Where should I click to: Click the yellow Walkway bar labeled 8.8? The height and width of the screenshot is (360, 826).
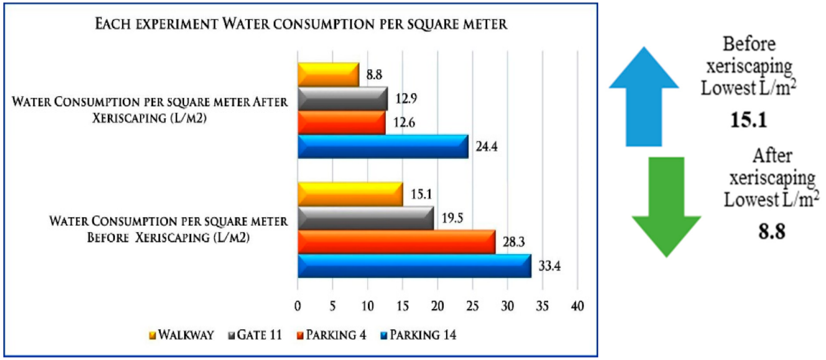click(x=328, y=75)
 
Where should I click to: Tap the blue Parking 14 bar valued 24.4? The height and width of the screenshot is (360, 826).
click(x=383, y=146)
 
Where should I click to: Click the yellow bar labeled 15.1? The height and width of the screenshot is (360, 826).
click(x=350, y=194)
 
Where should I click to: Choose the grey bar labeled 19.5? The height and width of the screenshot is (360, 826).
click(x=365, y=218)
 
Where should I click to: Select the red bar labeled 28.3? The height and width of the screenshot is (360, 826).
click(x=396, y=242)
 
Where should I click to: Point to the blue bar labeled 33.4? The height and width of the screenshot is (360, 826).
click(x=414, y=266)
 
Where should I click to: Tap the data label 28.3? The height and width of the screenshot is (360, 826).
click(x=513, y=242)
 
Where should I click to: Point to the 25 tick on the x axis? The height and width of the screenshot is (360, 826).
click(x=472, y=306)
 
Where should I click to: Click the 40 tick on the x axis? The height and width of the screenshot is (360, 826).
click(x=577, y=306)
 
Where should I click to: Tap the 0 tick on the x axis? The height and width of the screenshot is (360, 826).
click(x=298, y=306)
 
